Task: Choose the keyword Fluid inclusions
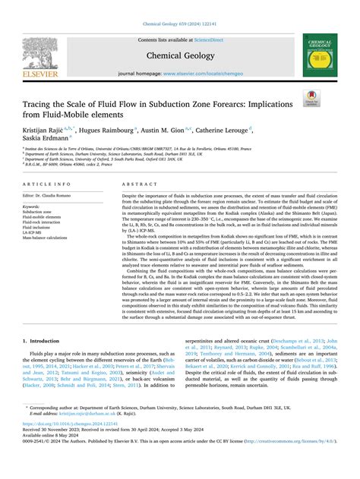(42, 227)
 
